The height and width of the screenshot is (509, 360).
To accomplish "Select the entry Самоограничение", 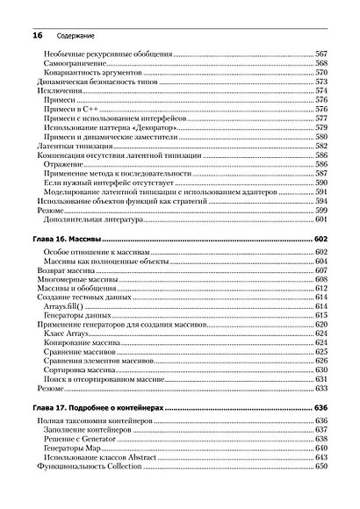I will pyautogui.click(x=73, y=64).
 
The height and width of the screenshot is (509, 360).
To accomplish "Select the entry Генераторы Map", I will pyautogui.click(x=74, y=449).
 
